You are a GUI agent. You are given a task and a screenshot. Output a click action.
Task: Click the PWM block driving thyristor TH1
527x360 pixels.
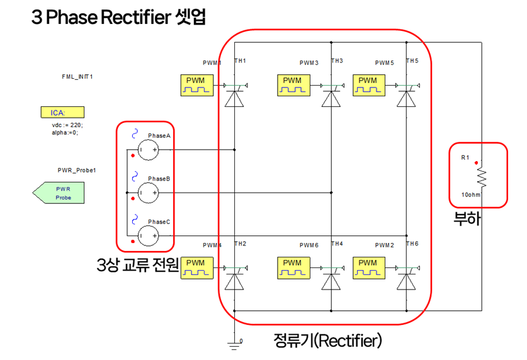[196, 85]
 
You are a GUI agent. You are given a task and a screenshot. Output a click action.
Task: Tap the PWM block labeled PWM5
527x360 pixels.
[368, 85]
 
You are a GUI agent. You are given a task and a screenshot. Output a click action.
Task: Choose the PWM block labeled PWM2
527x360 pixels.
[368, 267]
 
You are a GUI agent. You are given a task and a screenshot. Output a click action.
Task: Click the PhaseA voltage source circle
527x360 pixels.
[149, 149]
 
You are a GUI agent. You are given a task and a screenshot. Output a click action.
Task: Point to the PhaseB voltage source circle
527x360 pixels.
[149, 193]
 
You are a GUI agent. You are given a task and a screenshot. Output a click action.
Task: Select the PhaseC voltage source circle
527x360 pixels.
[149, 235]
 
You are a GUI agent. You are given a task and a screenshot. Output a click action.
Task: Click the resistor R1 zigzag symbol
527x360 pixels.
[483, 178]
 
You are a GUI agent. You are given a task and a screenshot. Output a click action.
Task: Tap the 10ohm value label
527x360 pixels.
[471, 195]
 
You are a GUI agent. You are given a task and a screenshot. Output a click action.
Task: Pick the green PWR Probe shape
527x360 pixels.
[59, 193]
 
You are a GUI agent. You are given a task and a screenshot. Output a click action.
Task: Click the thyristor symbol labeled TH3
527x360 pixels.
[331, 98]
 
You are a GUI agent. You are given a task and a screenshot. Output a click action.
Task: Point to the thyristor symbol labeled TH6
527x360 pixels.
[406, 279]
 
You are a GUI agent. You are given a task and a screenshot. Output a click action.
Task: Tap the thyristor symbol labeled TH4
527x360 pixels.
[331, 279]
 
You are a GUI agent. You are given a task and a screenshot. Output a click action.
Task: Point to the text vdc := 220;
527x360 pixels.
[67, 125]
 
